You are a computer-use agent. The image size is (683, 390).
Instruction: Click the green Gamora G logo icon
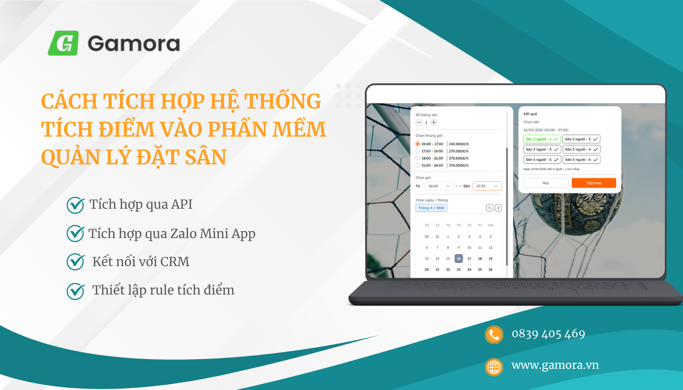click(x=63, y=43)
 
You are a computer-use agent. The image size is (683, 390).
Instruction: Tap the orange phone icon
click(x=494, y=335)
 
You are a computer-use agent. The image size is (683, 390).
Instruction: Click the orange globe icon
click(x=494, y=367)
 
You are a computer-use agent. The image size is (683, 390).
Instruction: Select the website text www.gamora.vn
click(x=555, y=365)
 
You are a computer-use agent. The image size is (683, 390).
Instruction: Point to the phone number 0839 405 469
click(x=548, y=334)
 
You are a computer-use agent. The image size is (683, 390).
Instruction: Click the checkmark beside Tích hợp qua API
click(x=75, y=205)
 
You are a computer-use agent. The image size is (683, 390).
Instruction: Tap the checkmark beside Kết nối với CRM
click(x=75, y=262)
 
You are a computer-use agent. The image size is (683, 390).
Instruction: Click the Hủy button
click(x=546, y=183)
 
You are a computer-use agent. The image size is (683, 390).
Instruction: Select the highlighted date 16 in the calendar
click(x=459, y=259)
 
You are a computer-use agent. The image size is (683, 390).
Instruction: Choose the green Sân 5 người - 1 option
click(x=542, y=139)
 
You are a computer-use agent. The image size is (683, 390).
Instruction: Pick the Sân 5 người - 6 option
click(x=581, y=160)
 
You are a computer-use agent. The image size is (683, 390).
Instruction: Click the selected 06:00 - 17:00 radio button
click(x=418, y=144)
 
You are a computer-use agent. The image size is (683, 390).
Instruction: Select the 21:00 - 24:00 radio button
click(x=418, y=165)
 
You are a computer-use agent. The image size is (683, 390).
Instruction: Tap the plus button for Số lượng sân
click(x=434, y=122)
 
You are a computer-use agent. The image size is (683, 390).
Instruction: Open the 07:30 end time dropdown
click(x=487, y=186)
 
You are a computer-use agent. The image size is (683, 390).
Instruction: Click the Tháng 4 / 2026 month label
click(x=431, y=208)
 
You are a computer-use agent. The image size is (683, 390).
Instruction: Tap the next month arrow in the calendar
click(x=499, y=208)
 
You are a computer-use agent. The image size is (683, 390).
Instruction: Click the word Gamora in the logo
click(x=134, y=44)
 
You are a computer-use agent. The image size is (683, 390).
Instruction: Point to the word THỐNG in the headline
click(x=283, y=101)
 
